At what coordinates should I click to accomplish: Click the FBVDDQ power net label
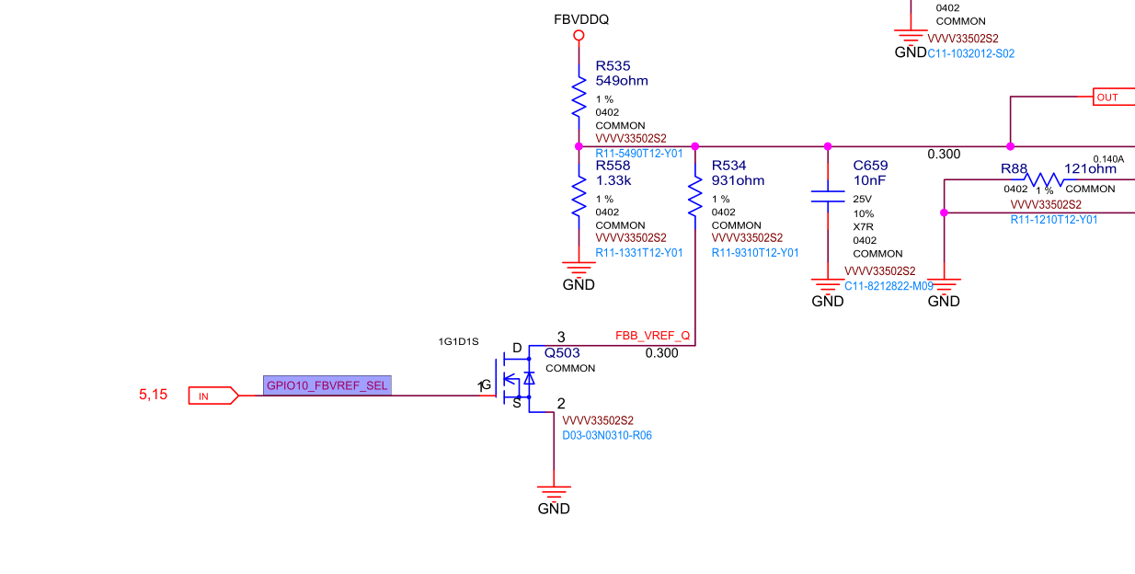click(580, 19)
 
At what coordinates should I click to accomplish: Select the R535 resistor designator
click(613, 66)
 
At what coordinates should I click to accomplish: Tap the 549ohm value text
click(622, 81)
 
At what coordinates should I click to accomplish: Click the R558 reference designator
click(613, 166)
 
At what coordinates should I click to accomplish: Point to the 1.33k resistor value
click(613, 181)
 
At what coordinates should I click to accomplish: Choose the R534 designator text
click(729, 166)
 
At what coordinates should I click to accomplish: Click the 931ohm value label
click(738, 181)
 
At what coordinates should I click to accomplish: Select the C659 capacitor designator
click(871, 166)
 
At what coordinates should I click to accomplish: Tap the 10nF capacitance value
click(869, 181)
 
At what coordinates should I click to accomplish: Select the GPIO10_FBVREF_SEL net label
click(327, 385)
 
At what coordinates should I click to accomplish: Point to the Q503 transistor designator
click(562, 352)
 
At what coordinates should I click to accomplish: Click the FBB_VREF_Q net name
click(652, 336)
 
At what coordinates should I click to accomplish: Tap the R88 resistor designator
click(1014, 169)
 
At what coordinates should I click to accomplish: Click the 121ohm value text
click(1090, 169)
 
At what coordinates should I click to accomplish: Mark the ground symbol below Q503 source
click(554, 495)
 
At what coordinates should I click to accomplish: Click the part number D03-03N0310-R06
click(607, 435)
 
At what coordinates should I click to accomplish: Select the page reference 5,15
click(154, 395)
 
